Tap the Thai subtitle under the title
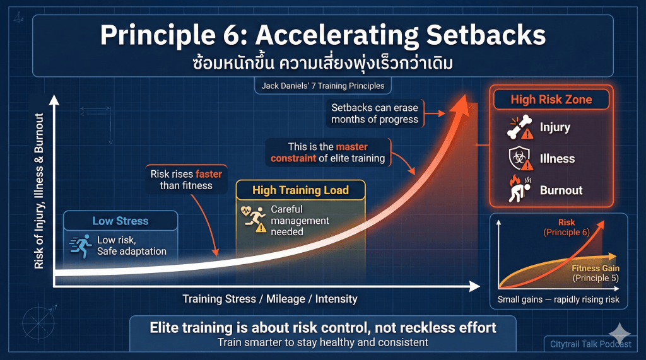322,64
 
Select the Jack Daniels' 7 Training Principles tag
322,86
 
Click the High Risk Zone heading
551,100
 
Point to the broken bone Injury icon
520,127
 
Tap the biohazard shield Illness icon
520,159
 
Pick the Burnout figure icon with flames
520,190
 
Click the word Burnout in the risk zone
561,190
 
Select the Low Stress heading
120,221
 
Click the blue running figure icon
81,246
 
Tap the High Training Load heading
300,190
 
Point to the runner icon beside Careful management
254,219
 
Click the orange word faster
209,174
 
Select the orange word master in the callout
352,147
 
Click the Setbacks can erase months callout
375,113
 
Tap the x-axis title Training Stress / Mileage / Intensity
270,299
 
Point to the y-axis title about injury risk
39,191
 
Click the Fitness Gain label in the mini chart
596,268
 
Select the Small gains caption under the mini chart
558,299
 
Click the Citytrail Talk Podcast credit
590,344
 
